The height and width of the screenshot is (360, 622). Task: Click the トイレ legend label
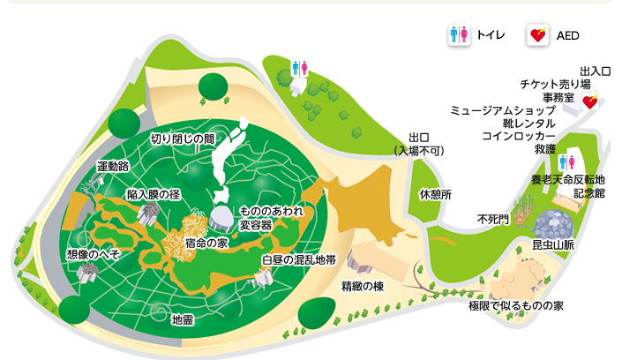point(490,35)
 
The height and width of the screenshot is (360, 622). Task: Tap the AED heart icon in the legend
point(536,35)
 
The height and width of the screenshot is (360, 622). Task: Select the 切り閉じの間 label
point(182,138)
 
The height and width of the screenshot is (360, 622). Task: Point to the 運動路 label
point(113,166)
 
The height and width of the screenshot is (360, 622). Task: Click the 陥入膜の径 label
point(154,193)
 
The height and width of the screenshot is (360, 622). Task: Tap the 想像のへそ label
point(93,254)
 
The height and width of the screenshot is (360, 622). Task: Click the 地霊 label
point(183,319)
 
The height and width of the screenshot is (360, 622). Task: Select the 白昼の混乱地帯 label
point(298,260)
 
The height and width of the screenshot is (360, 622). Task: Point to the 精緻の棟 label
point(363,286)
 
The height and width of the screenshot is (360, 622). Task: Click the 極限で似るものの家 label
point(516,305)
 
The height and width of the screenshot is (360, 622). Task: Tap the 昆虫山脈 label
point(552,244)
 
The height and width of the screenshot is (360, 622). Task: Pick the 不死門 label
point(492,218)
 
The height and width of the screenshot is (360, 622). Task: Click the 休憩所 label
point(435,194)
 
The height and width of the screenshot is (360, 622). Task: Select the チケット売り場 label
point(555,84)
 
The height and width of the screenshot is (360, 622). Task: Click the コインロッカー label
point(519,137)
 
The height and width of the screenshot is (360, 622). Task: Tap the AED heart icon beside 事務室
point(589,102)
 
